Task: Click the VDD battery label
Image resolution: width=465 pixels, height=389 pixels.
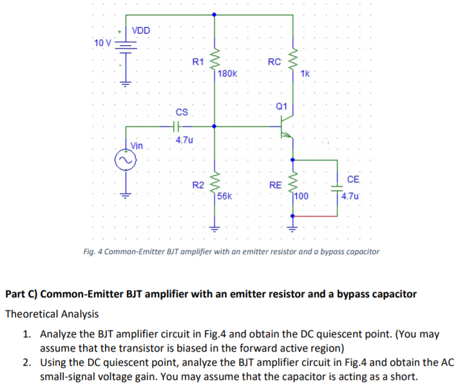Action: click(x=142, y=30)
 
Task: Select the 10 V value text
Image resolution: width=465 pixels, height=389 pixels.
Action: click(x=102, y=43)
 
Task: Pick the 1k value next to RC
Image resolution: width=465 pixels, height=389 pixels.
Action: click(x=305, y=74)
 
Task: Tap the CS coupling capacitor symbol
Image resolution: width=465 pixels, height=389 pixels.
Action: click(x=178, y=127)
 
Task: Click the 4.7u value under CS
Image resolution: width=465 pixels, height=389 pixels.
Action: click(x=184, y=139)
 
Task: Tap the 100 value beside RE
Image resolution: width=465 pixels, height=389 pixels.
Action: click(x=302, y=195)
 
